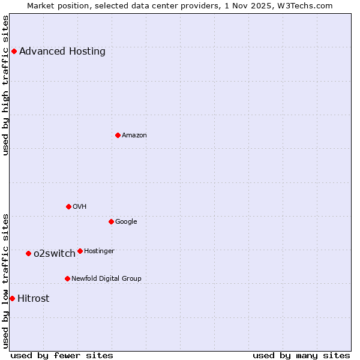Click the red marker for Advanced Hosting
(14, 51)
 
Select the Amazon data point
(118, 135)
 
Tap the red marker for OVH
(68, 206)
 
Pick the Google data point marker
(111, 221)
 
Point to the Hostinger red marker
(80, 251)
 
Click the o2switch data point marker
(28, 253)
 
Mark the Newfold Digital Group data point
(67, 278)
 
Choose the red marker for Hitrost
(12, 298)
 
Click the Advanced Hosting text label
(62, 51)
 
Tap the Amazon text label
(134, 135)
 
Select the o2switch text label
(55, 253)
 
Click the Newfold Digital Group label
(107, 278)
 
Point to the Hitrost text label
(34, 298)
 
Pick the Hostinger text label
(100, 251)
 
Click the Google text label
(126, 221)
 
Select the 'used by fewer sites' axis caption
(62, 355)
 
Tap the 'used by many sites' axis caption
(301, 355)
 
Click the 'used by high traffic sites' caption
(5, 85)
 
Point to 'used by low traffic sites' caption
(5, 280)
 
